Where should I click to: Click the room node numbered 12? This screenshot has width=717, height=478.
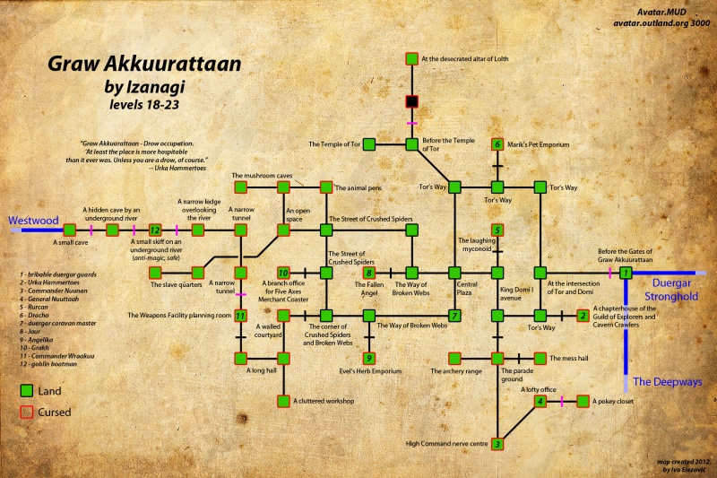click(154, 230)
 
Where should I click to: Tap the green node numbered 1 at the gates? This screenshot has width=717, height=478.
click(626, 272)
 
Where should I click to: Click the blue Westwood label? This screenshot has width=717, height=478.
click(32, 218)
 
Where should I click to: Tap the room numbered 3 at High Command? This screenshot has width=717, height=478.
click(497, 443)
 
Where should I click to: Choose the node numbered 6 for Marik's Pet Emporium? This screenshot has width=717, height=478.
click(497, 143)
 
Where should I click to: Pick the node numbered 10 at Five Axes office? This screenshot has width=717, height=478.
click(283, 272)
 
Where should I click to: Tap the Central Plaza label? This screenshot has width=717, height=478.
click(454, 292)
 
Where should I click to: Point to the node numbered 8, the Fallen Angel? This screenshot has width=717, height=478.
click(368, 272)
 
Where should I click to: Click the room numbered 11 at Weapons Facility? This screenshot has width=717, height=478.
click(240, 315)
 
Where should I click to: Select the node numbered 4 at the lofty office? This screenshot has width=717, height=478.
click(540, 401)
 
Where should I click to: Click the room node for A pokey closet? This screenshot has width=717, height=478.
click(583, 401)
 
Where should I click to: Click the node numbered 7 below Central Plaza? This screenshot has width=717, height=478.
click(454, 315)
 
